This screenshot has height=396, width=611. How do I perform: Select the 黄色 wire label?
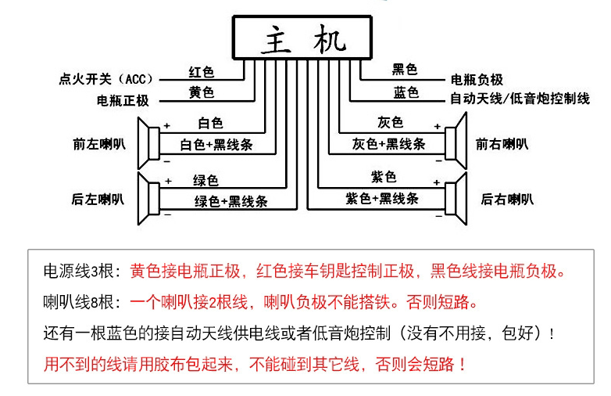point(201,92)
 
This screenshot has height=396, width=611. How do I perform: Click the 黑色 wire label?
point(405,70)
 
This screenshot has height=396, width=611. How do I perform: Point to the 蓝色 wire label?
point(406,92)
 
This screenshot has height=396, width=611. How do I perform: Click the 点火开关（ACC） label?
point(108,79)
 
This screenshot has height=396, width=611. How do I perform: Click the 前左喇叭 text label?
point(98,144)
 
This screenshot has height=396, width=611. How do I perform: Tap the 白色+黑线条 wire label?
point(216,146)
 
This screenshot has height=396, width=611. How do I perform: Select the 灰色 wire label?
point(389,123)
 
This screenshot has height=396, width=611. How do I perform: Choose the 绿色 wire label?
point(207,180)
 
